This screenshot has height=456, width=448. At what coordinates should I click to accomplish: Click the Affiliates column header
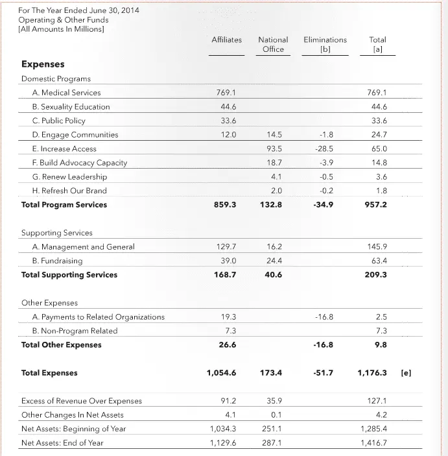coord(226,40)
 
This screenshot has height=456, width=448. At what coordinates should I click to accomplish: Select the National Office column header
coord(273,44)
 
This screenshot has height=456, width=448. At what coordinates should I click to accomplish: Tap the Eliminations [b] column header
coord(325,44)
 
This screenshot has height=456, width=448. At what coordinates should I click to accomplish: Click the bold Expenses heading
coord(43,64)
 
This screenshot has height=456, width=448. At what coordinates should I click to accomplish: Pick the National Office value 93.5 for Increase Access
coord(274,149)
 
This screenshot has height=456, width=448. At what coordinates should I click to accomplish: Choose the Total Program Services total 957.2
coord(376,205)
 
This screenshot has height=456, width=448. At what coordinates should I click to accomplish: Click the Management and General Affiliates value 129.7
coord(226,247)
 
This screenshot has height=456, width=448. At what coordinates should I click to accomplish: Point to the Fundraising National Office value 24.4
coord(274,261)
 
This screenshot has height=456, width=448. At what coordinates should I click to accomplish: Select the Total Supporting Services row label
coord(69,275)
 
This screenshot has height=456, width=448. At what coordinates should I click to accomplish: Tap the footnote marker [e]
coord(407,373)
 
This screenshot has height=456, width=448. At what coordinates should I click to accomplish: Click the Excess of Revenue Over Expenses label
coord(81,401)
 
